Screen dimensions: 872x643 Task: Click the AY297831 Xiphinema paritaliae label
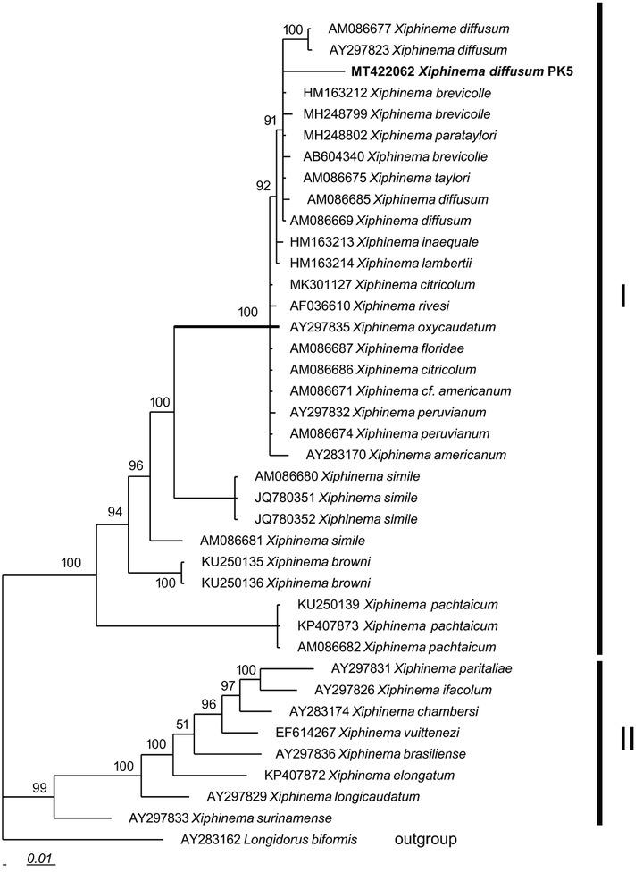coord(408,667)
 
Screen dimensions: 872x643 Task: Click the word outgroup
coord(425,839)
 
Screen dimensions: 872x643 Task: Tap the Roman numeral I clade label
coord(622,295)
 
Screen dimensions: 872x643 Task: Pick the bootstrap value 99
coord(36,786)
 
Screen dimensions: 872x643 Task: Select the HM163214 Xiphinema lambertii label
coord(363,263)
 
